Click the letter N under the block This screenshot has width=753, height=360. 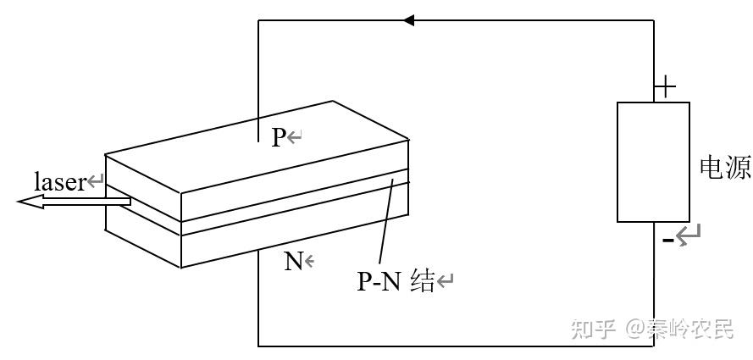(x=293, y=261)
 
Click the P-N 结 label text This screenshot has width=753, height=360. (x=395, y=281)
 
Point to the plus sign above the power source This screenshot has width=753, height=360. (x=667, y=86)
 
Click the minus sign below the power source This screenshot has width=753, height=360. (x=667, y=241)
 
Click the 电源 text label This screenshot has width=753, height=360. (x=724, y=168)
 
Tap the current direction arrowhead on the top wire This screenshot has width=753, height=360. (x=409, y=19)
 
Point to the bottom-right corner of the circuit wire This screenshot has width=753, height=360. (x=654, y=346)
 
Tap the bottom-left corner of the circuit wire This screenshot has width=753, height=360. (x=258, y=346)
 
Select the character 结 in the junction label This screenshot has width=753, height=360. (x=421, y=281)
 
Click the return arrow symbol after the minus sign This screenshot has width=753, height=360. (x=689, y=234)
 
